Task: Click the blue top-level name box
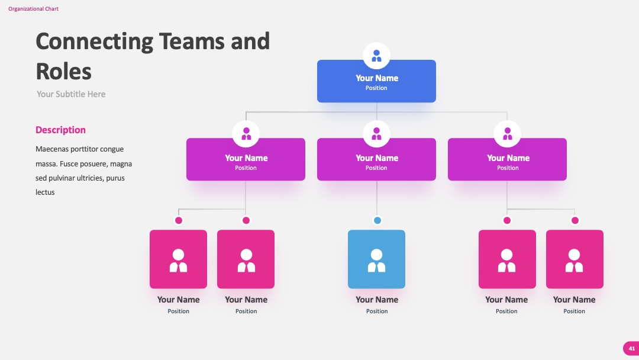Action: tap(376, 81)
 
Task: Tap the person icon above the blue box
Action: tap(376, 56)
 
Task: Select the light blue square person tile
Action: tap(376, 259)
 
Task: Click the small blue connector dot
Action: tap(377, 221)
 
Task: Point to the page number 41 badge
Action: tap(631, 349)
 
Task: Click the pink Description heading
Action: tap(60, 130)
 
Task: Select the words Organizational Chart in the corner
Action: tap(33, 8)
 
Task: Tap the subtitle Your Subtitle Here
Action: tap(71, 94)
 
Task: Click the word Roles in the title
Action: tap(63, 71)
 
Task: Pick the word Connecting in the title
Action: tap(95, 41)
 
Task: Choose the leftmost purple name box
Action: tap(246, 159)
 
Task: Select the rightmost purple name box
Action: tap(507, 159)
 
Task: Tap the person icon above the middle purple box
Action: tap(376, 134)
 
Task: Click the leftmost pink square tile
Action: tap(179, 259)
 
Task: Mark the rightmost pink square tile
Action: tap(575, 259)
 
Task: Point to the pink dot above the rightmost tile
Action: tap(575, 221)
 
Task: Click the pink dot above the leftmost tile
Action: tap(179, 221)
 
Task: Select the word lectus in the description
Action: tap(45, 192)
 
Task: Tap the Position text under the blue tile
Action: tap(377, 311)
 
